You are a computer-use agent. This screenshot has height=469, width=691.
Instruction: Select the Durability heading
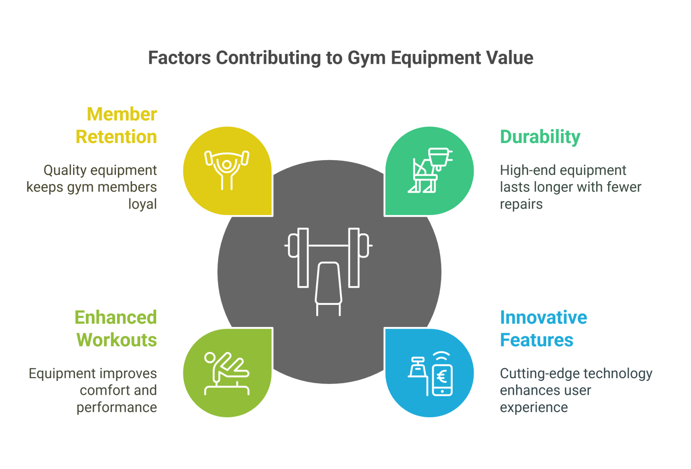coord(540,137)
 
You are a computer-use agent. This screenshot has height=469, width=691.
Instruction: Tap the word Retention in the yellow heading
coord(116,137)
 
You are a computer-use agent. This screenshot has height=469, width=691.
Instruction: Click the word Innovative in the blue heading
coord(543,317)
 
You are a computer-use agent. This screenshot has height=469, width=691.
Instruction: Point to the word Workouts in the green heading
coord(117,340)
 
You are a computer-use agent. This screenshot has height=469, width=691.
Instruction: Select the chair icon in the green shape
coord(431,170)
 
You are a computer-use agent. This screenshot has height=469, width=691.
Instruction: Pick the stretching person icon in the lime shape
coord(227,373)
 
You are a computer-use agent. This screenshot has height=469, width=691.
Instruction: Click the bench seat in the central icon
coord(328,283)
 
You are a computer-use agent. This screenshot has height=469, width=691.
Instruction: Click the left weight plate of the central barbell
coord(303,257)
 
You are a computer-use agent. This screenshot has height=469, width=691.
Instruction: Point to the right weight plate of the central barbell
coord(354,257)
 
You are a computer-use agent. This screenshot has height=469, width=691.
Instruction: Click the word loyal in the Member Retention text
coord(143,204)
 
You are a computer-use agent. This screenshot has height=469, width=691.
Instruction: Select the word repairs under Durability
coord(521,204)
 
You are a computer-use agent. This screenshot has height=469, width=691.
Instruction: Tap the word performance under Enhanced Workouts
coord(117,407)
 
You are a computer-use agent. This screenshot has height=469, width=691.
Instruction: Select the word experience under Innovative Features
coord(534,407)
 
